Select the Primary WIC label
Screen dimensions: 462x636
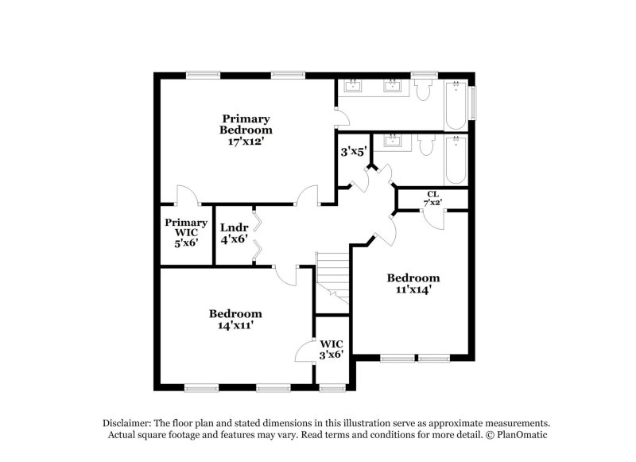coord(186,223)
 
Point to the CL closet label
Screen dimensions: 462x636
coord(432,194)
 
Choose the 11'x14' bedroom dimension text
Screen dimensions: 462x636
coord(413,290)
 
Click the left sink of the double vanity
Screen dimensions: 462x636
coord(353,86)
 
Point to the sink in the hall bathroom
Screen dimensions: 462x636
coord(391,142)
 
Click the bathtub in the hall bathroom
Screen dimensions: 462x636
coord(456,159)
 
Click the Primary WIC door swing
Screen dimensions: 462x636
coord(184,195)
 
